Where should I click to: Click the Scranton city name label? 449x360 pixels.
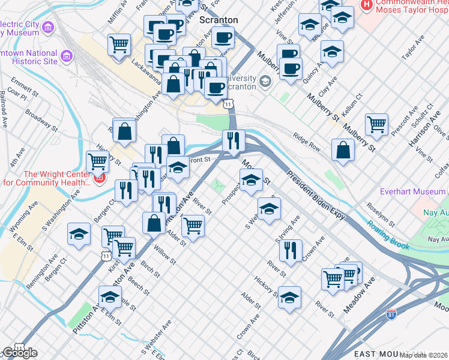[x=218, y=20]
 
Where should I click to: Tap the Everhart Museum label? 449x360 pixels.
[x=413, y=192]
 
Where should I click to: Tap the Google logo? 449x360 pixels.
[x=19, y=353]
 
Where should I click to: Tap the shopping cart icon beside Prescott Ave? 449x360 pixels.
[x=376, y=124]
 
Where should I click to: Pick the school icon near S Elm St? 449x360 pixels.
[x=109, y=296]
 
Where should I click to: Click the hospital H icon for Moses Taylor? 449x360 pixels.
[x=366, y=4]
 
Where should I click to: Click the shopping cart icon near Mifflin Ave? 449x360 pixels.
[x=119, y=44]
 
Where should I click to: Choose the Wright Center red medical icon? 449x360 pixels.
[x=100, y=178]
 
